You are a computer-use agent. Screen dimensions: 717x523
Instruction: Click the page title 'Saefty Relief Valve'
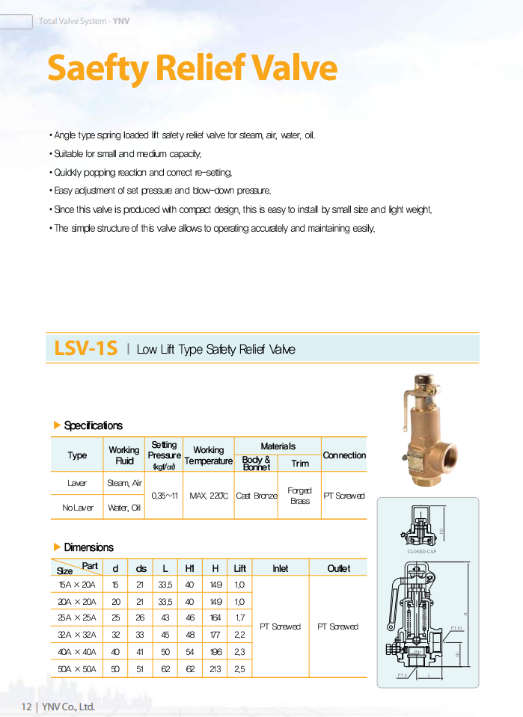pos(192,69)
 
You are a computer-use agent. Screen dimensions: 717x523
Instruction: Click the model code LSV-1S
pos(86,348)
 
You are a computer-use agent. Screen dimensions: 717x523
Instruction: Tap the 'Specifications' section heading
pos(93,425)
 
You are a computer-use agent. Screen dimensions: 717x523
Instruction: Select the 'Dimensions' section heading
pos(88,547)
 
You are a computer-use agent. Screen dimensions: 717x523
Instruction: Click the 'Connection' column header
pos(344,455)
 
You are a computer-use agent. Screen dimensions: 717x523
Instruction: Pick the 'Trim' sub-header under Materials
pos(300,464)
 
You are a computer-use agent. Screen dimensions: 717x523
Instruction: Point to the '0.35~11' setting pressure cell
pos(164,495)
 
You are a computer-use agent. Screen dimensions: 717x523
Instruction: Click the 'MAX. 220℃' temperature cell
pos(209,495)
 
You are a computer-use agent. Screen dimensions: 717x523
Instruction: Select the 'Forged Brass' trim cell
pos(300,495)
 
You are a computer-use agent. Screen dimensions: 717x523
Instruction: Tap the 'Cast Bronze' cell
pos(256,495)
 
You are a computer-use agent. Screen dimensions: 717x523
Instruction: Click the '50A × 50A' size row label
pos(77,669)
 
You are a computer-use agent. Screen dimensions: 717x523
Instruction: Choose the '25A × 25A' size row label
pos(77,618)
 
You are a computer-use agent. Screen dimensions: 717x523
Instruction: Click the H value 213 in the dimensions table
pos(215,669)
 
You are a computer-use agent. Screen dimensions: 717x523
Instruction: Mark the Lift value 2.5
pos(239,669)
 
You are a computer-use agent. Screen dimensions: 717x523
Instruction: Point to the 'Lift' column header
pos(239,568)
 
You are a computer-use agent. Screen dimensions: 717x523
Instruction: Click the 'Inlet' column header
pos(280,568)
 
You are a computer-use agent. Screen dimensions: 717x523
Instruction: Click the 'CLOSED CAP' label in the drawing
pos(422,552)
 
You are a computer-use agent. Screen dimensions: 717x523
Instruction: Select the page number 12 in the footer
pos(26,707)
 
